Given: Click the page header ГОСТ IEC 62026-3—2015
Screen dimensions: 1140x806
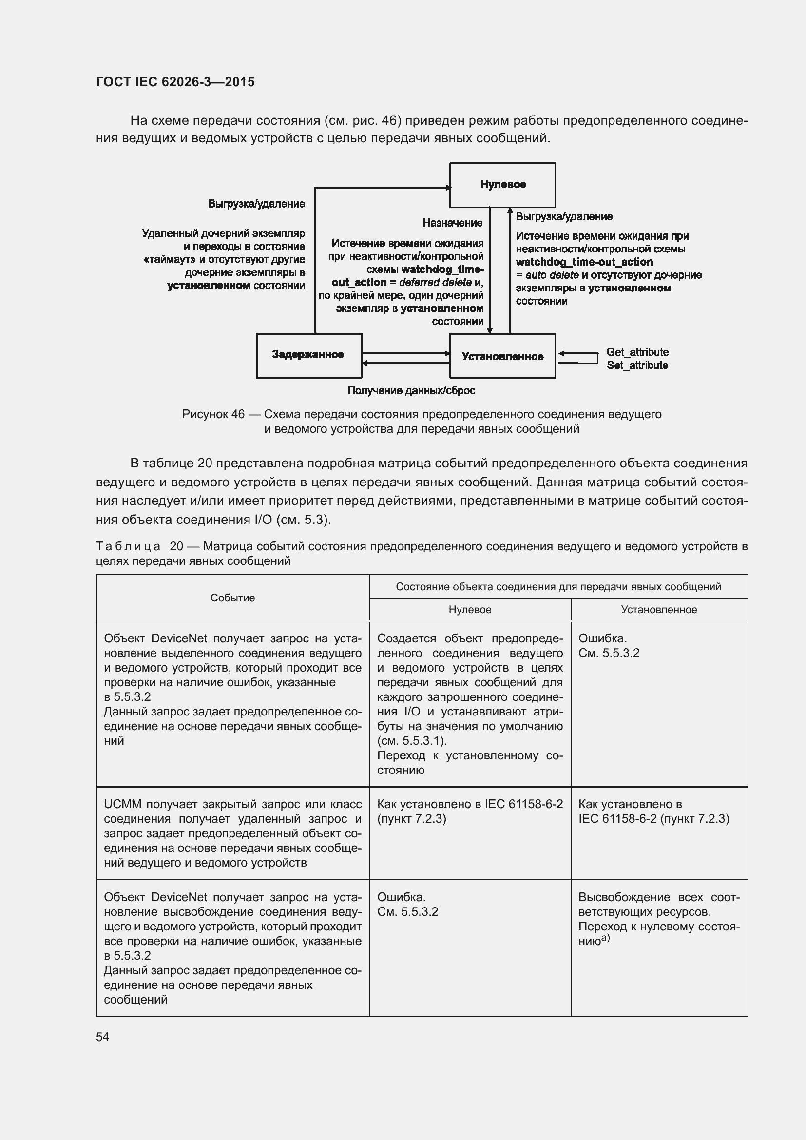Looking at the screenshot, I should pos(175,82).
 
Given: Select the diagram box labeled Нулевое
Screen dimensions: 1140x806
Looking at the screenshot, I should pos(502,185).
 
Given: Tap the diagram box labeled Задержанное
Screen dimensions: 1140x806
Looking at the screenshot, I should pos(308,355).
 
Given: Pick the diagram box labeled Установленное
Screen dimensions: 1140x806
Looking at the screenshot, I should pos(502,356).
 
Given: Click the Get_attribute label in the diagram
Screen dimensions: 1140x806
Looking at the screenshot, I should pos(637,352).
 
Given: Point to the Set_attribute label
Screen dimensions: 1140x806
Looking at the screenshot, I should pos(637,366).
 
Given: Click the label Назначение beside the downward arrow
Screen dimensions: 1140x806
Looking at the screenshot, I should pos(452,223).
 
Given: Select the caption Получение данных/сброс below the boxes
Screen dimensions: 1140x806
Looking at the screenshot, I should pos(411,391).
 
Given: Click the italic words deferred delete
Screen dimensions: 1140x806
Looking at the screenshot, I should pos(435,283).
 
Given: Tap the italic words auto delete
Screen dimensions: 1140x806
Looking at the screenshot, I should pos(552,275).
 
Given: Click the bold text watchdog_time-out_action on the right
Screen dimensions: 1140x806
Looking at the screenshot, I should pos(584,262).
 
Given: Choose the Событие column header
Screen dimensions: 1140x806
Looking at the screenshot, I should pos(232,598).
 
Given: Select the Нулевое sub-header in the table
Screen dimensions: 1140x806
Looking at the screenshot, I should pos(469,610).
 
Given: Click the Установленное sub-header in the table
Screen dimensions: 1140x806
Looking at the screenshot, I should pos(659,610).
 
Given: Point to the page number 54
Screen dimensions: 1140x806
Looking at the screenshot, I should pos(102,1037).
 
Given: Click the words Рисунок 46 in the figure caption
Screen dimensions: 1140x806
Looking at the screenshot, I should pos(213,414).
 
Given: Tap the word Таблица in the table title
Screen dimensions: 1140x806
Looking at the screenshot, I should pos(128,546).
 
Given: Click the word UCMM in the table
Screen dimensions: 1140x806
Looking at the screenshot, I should pos(123,804).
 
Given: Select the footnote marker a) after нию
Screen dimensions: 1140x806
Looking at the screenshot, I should pos(606,938).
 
